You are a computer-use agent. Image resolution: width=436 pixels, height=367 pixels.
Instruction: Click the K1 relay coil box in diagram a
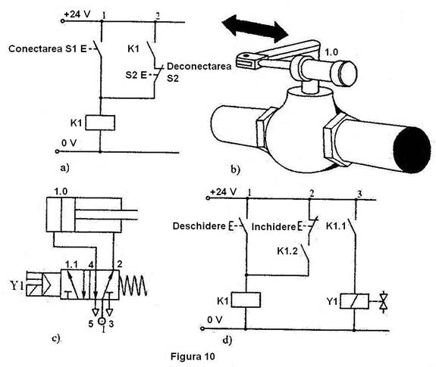click(100, 123)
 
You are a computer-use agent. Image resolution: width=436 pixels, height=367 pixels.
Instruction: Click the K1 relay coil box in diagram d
click(246, 300)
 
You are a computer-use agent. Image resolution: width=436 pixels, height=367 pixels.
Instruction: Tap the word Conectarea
click(36, 49)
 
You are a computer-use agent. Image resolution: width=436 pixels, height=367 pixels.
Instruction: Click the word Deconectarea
click(199, 67)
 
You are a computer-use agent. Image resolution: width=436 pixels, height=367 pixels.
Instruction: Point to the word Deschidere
click(199, 226)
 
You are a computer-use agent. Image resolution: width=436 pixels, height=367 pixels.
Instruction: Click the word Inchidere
click(274, 227)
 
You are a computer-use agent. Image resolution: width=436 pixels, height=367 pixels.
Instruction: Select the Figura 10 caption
click(193, 356)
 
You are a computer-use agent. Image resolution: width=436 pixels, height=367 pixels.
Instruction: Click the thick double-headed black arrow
click(255, 29)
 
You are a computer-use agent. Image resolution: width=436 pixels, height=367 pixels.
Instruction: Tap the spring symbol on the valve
click(133, 286)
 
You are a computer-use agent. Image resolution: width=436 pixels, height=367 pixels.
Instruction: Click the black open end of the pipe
click(412, 150)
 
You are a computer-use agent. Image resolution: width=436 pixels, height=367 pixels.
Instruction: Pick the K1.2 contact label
click(287, 250)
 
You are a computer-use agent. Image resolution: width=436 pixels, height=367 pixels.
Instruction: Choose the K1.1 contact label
click(336, 226)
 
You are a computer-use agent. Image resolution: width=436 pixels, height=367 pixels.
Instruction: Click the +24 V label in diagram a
click(77, 14)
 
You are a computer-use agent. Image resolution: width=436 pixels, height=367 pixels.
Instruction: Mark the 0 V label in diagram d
click(215, 320)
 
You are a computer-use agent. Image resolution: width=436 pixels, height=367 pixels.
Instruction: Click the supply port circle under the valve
click(102, 321)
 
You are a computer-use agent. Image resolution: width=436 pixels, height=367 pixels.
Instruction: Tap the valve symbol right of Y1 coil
click(384, 301)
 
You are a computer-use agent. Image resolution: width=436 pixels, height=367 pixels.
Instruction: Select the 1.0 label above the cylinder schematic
click(61, 191)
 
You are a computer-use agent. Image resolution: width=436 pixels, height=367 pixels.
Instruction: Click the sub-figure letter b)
click(235, 170)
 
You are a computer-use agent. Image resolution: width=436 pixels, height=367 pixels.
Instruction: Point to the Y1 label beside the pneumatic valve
click(17, 285)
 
